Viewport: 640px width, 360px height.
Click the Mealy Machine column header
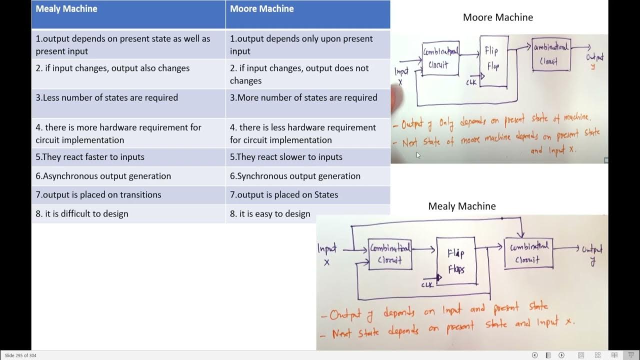66,9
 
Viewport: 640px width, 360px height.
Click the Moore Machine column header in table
261,9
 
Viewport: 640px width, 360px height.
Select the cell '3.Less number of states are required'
106,98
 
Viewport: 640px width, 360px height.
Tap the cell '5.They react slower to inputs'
286,157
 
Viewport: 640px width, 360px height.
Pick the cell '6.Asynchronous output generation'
103,176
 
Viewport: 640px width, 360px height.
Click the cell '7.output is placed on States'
283,195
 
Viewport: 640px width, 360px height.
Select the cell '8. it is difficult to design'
81,214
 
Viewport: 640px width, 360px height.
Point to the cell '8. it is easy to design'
270,214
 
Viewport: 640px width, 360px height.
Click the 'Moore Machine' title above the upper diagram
497,17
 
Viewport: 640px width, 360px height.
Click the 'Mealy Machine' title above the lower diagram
461,206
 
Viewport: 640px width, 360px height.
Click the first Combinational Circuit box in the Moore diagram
440,59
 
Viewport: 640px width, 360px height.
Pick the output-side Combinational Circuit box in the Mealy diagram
528,253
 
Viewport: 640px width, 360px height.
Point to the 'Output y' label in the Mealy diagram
592,254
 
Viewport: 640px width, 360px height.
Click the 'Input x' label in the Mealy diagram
327,254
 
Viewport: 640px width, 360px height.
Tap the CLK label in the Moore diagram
471,82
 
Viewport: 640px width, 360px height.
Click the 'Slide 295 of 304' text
20,355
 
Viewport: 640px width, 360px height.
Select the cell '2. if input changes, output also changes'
112,68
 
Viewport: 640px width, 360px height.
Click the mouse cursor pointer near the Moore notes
418,155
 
